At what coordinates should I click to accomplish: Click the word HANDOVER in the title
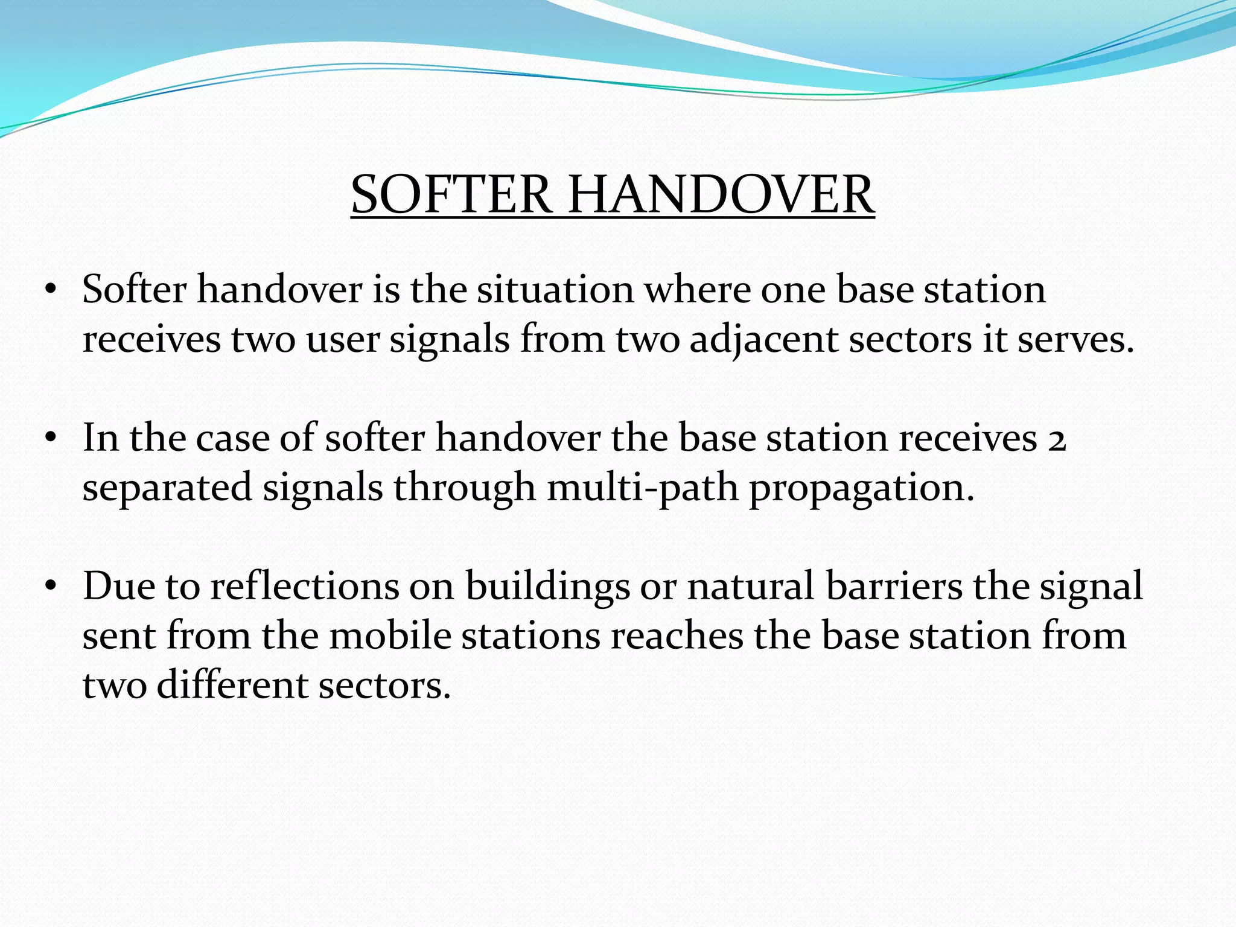[x=721, y=194]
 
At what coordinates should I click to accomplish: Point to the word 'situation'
[x=555, y=289]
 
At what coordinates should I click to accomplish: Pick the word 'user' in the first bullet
[x=342, y=339]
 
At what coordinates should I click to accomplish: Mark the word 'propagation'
[x=862, y=488]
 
